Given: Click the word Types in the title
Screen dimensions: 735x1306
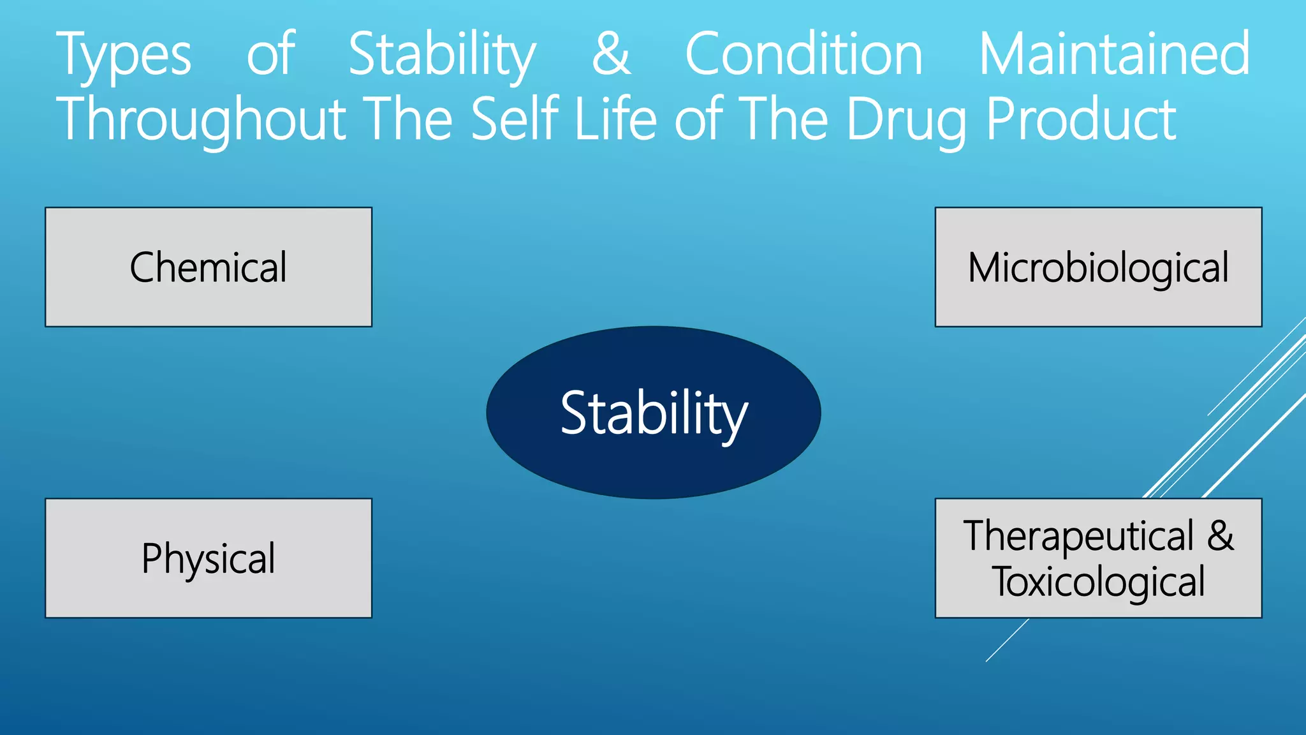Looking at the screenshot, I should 124,56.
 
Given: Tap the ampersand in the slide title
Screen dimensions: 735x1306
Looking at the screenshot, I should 611,55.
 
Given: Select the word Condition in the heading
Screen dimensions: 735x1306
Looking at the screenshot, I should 803,55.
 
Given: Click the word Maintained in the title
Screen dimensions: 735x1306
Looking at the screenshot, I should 1114,55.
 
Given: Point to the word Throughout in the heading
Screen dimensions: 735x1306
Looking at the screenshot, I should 202,120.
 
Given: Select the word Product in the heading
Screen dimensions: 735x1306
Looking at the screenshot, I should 1081,120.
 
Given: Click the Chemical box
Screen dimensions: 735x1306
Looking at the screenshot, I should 209,267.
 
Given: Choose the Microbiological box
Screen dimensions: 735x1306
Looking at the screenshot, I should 1098,267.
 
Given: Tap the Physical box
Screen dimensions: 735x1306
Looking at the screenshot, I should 209,558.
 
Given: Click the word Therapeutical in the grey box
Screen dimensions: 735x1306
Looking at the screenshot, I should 1078,536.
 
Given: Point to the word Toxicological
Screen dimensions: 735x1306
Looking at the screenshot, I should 1098,583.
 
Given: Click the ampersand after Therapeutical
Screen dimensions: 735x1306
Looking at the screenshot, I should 1220,536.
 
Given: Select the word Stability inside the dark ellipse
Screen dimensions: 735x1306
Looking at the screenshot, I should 654,413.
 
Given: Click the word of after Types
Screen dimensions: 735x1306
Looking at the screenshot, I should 270,55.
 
